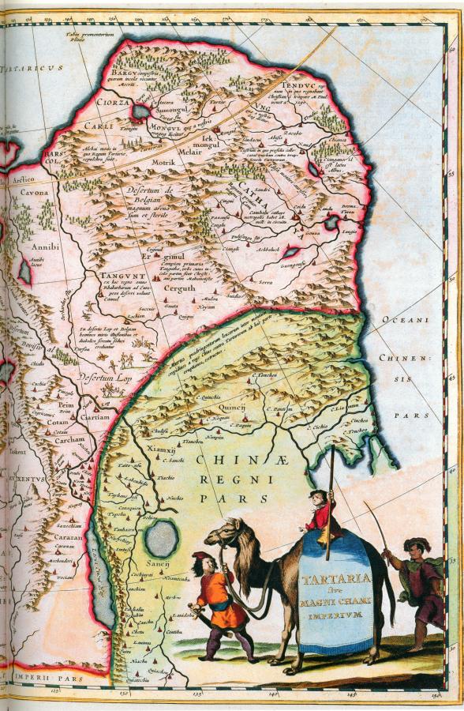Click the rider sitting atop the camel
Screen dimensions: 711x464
point(320,513)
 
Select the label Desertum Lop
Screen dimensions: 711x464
point(100,376)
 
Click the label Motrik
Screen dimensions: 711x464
point(163,162)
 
